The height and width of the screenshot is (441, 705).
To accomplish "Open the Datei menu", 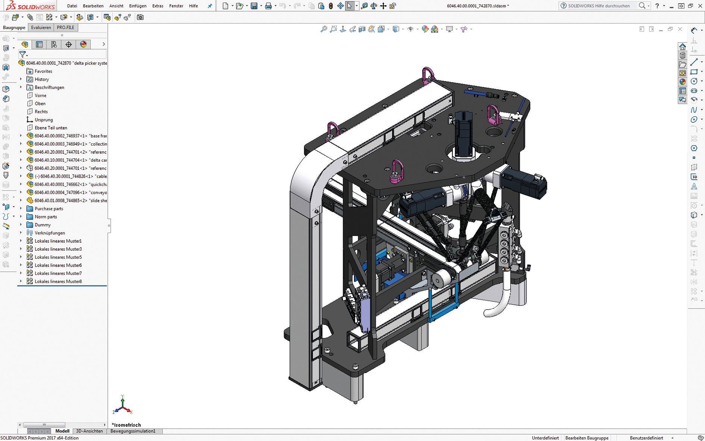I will point(72,6).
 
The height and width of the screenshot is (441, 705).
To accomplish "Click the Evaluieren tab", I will point(41,28).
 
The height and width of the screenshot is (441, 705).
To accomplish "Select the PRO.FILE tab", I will point(65,28).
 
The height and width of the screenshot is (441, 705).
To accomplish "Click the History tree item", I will point(42,80).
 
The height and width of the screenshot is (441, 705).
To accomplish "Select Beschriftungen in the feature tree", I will point(49,87).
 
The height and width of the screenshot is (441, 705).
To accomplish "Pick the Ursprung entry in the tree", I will point(44,120).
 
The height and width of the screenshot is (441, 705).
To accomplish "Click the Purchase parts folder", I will point(48,209).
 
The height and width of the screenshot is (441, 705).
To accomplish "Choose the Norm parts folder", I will point(46,217).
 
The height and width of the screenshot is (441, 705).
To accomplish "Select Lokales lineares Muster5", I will point(58,257).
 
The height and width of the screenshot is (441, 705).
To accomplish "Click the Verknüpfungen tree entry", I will point(50,233).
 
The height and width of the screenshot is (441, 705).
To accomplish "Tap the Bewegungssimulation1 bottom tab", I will point(133,431).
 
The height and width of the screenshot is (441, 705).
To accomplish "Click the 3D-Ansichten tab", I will point(89,431).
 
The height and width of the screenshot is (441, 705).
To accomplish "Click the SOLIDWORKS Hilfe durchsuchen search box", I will point(599,6).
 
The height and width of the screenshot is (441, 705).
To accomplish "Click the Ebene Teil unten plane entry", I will point(51,128).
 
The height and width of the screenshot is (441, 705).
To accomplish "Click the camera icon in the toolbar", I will point(140,17).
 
